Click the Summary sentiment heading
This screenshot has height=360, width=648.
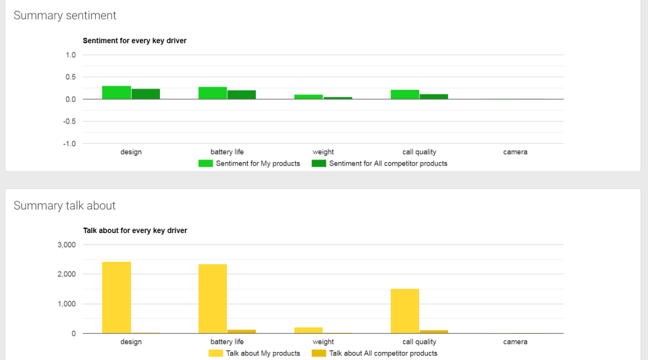click(65, 16)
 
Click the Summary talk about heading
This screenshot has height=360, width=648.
click(65, 205)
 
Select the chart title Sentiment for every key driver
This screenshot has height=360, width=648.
click(134, 41)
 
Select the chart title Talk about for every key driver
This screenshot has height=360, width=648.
click(135, 230)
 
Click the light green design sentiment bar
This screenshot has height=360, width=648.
click(116, 93)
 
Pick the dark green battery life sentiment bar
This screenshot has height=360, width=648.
click(242, 95)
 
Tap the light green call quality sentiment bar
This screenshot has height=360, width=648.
click(404, 95)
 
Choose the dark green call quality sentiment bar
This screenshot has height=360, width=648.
click(433, 97)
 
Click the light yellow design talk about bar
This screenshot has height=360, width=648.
click(116, 297)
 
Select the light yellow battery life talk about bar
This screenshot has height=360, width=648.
click(213, 299)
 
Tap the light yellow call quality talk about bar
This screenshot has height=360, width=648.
click(404, 311)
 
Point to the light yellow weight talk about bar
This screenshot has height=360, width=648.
click(308, 330)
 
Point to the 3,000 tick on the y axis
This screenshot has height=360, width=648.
click(65, 245)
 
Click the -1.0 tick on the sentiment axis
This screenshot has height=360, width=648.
click(70, 144)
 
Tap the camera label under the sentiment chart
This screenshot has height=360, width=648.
click(515, 152)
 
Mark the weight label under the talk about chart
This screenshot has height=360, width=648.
click(323, 342)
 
